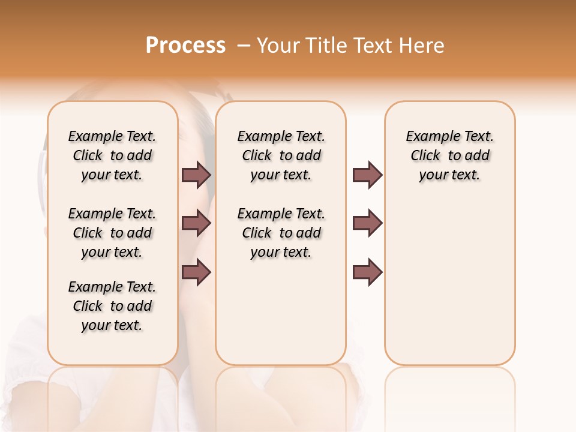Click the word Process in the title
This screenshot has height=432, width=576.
pos(185,46)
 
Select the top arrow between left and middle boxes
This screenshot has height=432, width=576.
pos(196,175)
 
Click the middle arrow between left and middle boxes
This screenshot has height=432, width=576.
pos(196,223)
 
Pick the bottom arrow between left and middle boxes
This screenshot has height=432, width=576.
pos(196,272)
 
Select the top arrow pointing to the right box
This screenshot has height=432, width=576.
pos(367,175)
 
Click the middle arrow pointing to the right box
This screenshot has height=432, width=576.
pos(367,223)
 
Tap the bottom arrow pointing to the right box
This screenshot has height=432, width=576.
pos(367,272)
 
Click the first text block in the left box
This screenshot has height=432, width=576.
pos(112,155)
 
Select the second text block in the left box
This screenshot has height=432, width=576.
pos(112,233)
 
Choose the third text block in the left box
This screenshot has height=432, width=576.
pos(112,306)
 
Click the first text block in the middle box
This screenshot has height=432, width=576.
pos(281,155)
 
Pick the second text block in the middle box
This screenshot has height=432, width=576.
pos(281,233)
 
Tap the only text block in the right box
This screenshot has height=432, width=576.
pos(449,155)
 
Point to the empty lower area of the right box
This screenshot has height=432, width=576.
pos(449,282)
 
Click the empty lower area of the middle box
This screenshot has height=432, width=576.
pos(281,312)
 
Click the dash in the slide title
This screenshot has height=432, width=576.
pos(244,46)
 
